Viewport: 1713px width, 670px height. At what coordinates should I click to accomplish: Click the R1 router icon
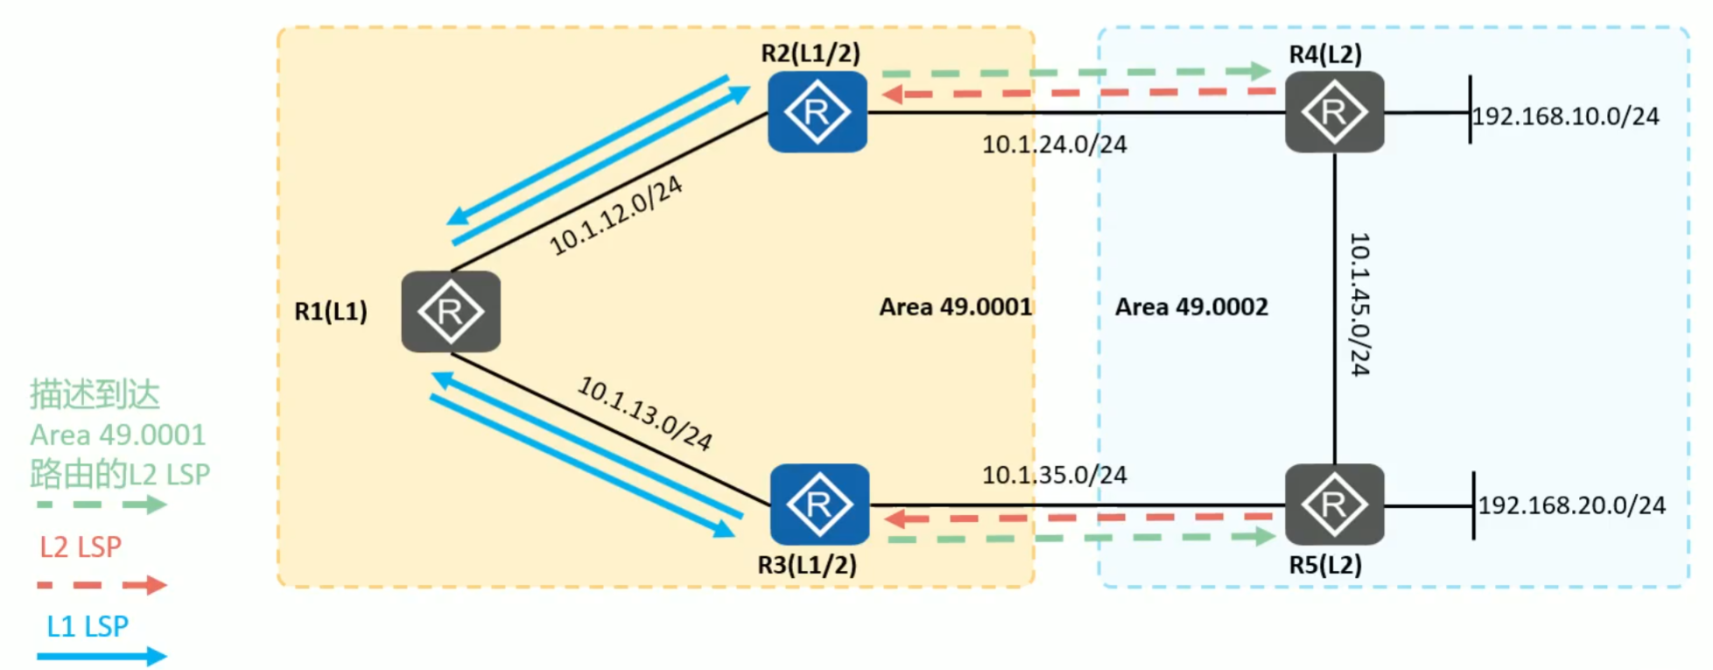(451, 312)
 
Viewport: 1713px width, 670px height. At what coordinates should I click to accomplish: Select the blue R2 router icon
(817, 112)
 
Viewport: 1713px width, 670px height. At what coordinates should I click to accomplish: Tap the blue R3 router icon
(819, 504)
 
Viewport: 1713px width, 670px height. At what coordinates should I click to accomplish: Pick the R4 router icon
(1334, 112)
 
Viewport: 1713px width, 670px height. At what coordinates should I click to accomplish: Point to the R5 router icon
(1334, 504)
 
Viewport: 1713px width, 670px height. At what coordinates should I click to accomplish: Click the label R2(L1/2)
(811, 53)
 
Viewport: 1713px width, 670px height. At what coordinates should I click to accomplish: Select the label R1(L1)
(331, 311)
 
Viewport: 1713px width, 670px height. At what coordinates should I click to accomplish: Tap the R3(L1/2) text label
(807, 565)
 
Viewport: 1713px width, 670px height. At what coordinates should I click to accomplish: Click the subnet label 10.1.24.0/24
(1054, 145)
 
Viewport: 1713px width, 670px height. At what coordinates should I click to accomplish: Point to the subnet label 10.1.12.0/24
(615, 215)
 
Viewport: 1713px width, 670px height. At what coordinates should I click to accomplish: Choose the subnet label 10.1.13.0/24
(645, 413)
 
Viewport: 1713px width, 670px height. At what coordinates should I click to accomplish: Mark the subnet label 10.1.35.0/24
(1054, 475)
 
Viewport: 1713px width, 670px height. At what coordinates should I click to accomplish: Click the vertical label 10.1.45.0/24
(1358, 304)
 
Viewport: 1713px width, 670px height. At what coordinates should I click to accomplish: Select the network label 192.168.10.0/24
(1565, 116)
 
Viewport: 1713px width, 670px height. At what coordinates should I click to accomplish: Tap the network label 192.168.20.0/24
(1571, 505)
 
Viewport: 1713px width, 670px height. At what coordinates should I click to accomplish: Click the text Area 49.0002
(1191, 307)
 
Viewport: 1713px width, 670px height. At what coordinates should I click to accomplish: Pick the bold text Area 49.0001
(956, 307)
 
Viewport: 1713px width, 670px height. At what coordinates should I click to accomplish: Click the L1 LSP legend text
(88, 626)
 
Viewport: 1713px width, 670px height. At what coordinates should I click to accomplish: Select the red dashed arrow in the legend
(102, 584)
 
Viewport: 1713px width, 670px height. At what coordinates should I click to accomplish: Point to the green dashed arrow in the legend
(102, 504)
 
